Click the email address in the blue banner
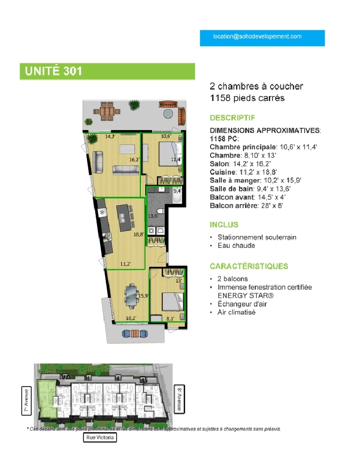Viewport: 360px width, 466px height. (x=257, y=37)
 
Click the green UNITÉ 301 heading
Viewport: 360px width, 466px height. (x=53, y=71)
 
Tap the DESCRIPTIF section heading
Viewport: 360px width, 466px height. (x=232, y=118)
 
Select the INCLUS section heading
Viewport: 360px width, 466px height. (x=224, y=225)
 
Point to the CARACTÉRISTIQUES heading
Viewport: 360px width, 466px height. (x=249, y=266)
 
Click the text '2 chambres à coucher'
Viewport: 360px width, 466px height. (x=256, y=86)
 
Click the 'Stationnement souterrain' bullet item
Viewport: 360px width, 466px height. (x=257, y=237)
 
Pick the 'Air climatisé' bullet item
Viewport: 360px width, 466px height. (x=236, y=312)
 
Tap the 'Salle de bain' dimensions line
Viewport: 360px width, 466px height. (x=250, y=189)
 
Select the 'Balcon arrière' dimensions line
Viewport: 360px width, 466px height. (x=246, y=206)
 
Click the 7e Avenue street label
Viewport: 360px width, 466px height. (x=27, y=401)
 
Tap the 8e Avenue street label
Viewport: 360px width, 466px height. (x=179, y=399)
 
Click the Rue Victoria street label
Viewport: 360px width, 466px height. (x=100, y=437)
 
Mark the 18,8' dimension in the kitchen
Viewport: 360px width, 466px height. (x=139, y=234)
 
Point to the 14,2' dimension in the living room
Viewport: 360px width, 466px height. (x=110, y=137)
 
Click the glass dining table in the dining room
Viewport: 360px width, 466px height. (x=131, y=295)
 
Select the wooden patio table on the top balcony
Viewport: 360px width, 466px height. (x=107, y=112)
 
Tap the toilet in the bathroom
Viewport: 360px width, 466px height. (x=161, y=212)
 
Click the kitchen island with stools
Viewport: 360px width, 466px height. (x=124, y=217)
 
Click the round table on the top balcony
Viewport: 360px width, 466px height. (x=168, y=114)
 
